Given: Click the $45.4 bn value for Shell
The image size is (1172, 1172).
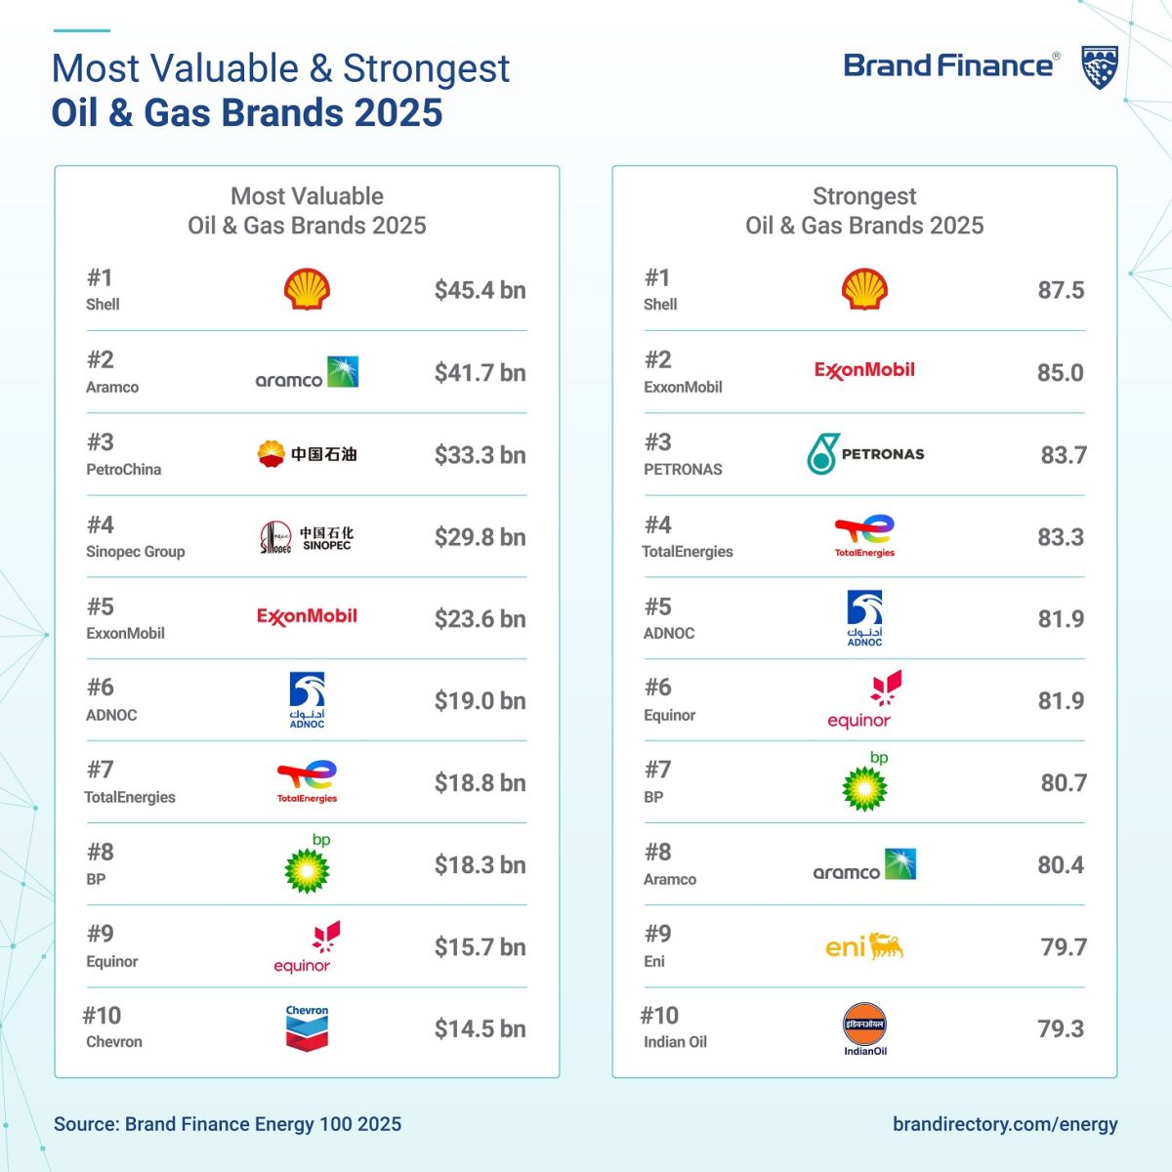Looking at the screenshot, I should (480, 290).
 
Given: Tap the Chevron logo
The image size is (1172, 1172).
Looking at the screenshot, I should (307, 1028).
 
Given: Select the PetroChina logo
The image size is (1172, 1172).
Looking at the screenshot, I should (307, 454).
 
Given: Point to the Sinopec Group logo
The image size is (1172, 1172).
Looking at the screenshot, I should (307, 537).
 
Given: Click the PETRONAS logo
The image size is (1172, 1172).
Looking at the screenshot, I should (865, 454).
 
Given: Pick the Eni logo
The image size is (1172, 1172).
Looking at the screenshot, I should (864, 946).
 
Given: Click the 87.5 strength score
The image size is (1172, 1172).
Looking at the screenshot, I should (1061, 290).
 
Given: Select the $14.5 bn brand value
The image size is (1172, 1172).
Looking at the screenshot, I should (480, 1028).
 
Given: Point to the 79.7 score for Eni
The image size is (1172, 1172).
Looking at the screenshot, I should (1064, 946).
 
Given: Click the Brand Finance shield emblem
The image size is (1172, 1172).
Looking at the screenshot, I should (1100, 67).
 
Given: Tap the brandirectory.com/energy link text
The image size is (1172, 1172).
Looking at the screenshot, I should (1005, 1124).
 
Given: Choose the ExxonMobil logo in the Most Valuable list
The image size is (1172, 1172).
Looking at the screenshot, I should (307, 616).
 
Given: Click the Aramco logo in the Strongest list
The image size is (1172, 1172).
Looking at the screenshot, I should (864, 866).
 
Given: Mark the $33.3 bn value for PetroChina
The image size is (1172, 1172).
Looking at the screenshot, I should (480, 454).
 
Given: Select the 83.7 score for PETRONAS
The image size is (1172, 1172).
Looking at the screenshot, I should (1064, 454).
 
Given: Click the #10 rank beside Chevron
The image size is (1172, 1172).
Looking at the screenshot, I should (102, 1016).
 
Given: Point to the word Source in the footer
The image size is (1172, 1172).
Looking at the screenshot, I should (85, 1124).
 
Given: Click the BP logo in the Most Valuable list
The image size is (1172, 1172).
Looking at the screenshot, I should (308, 865).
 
